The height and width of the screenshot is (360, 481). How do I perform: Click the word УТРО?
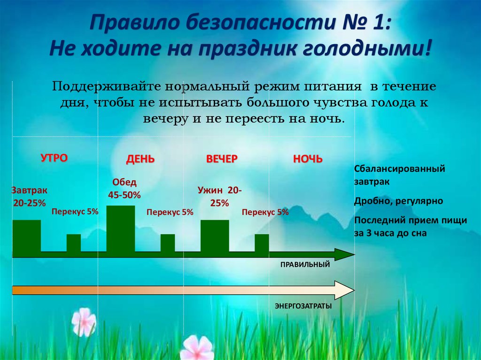54,158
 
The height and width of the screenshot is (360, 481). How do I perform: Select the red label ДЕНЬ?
140,159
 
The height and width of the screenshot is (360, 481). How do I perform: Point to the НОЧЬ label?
308,159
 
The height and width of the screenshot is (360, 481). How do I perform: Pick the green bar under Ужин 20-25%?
215,236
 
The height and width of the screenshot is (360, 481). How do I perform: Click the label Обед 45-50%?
124,188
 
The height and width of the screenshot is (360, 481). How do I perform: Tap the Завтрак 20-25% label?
29,197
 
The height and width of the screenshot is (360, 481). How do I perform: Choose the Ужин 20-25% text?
219,197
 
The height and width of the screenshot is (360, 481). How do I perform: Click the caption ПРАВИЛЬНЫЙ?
305,265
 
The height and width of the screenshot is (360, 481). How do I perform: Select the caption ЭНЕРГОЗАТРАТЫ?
303,306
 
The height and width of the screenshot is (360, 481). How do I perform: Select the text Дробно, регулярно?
399,201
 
